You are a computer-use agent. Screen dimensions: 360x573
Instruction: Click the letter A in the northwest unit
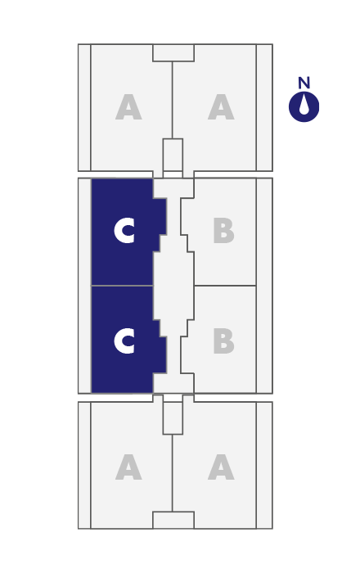pyautogui.click(x=128, y=107)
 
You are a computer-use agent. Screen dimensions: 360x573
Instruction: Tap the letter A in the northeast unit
pyautogui.click(x=221, y=107)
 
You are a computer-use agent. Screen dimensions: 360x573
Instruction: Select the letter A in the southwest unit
pyautogui.click(x=128, y=467)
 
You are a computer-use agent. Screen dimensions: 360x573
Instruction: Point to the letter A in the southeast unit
pyautogui.click(x=221, y=467)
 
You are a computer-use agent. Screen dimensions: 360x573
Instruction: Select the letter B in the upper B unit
pyautogui.click(x=223, y=231)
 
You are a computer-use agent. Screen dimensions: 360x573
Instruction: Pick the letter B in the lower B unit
pyautogui.click(x=223, y=341)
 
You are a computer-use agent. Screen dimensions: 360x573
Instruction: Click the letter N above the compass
pyautogui.click(x=304, y=83)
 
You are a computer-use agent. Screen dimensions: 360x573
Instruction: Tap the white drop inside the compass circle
pyautogui.click(x=304, y=106)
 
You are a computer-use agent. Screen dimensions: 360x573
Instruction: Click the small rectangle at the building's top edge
pyautogui.click(x=173, y=53)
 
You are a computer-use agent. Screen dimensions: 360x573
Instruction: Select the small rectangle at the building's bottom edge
pyautogui.click(x=173, y=520)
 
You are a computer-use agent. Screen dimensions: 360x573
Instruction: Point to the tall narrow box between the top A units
pyautogui.click(x=173, y=155)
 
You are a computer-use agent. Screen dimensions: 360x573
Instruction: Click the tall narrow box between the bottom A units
pyautogui.click(x=173, y=418)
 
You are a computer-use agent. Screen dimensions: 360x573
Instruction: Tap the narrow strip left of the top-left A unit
pyautogui.click(x=84, y=107)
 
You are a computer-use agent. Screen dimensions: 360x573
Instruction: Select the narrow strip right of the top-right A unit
pyautogui.click(x=264, y=107)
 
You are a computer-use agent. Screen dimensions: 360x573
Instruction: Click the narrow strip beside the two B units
pyautogui.click(x=264, y=286)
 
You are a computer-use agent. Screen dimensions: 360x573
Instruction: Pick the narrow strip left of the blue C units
pyautogui.click(x=84, y=286)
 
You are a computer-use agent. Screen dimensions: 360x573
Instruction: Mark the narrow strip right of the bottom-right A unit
pyautogui.click(x=264, y=465)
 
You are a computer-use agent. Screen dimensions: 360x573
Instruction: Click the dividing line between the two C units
pyautogui.click(x=122, y=286)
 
